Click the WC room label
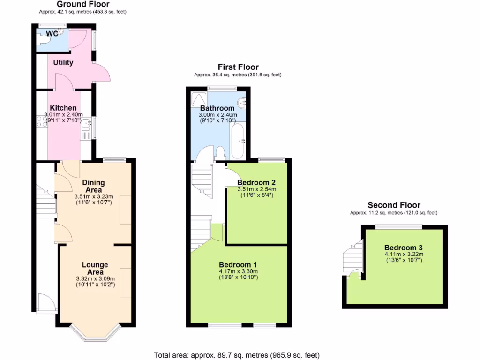[x=52, y=34]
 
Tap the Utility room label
[x=63, y=62]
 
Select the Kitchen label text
[x=63, y=108]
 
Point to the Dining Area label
[x=93, y=186]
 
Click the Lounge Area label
[x=95, y=268]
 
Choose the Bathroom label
[x=217, y=108]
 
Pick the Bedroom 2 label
[x=256, y=182]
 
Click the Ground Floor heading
[x=83, y=4]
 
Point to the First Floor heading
[x=238, y=67]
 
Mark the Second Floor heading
[x=394, y=205]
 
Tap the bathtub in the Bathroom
[x=238, y=141]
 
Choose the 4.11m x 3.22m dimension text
[x=404, y=255]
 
